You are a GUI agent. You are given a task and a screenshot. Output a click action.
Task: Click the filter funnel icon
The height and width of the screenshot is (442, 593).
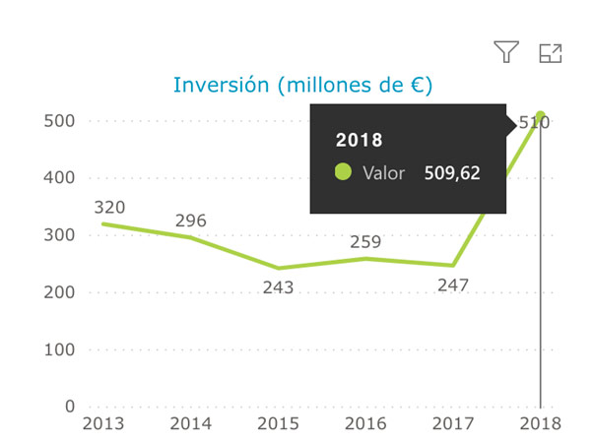(506, 53)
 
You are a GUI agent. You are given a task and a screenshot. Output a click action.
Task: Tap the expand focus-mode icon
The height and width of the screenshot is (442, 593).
(551, 53)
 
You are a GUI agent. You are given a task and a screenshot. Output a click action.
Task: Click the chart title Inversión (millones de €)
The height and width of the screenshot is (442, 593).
(303, 86)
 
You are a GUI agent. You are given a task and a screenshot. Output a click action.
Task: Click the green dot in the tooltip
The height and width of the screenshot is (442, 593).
(343, 172)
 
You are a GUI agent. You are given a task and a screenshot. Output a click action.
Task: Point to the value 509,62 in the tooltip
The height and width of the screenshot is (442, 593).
(452, 173)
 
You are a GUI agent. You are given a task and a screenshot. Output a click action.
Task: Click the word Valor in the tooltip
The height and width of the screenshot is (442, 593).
(384, 173)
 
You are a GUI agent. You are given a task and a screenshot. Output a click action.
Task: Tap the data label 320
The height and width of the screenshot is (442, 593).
(109, 208)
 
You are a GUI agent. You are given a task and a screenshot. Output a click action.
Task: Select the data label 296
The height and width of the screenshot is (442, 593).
(190, 221)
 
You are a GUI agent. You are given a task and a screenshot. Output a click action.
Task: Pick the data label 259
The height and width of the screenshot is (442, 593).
(365, 241)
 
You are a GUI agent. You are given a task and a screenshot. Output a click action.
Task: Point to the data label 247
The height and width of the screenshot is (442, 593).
(452, 284)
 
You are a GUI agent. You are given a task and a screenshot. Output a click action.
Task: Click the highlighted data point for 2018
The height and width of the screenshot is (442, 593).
(541, 116)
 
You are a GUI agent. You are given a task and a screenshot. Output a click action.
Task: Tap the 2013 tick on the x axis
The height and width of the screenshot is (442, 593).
(102, 423)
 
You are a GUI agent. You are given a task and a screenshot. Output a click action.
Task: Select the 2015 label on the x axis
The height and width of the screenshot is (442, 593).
(278, 423)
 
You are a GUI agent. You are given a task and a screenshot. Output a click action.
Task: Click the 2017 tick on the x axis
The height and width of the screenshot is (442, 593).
(453, 423)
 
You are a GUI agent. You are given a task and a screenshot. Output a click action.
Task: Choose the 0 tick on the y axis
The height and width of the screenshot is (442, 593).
(70, 407)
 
